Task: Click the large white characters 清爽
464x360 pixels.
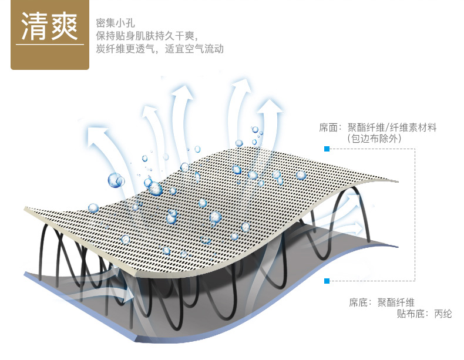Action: point(49,28)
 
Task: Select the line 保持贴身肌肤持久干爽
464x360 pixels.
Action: point(151,36)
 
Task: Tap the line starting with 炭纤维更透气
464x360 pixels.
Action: point(160,49)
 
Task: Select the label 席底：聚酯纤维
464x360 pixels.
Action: point(382,302)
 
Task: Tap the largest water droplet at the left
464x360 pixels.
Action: point(116,180)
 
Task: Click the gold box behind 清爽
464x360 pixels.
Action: point(49,35)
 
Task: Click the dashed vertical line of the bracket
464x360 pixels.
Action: point(415,214)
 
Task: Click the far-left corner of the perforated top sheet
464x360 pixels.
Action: point(25,208)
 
